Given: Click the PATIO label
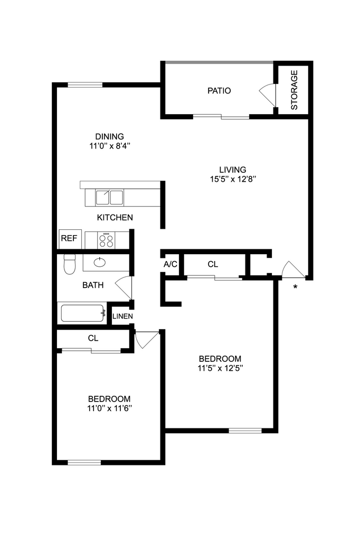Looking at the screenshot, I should click(x=219, y=90).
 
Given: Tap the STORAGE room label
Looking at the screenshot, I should click(x=294, y=89).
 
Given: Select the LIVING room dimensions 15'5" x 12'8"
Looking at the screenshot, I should click(x=233, y=179).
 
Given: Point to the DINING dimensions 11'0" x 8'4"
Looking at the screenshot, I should click(x=109, y=145).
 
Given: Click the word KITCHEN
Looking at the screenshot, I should click(x=115, y=217).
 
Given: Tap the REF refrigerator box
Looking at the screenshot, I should click(x=69, y=238).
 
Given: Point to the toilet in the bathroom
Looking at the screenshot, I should click(x=69, y=264).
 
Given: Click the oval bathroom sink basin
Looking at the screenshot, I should click(x=100, y=262).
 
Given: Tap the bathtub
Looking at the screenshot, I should click(x=83, y=313).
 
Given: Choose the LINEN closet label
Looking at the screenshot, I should click(x=122, y=316).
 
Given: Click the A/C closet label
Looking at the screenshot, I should click(x=170, y=264).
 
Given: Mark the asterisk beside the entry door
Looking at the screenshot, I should click(x=295, y=287).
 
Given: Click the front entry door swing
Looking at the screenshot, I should click(x=292, y=269).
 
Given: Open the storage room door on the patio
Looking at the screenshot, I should click(x=268, y=94).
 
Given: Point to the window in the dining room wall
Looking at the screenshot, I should click(x=85, y=83).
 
